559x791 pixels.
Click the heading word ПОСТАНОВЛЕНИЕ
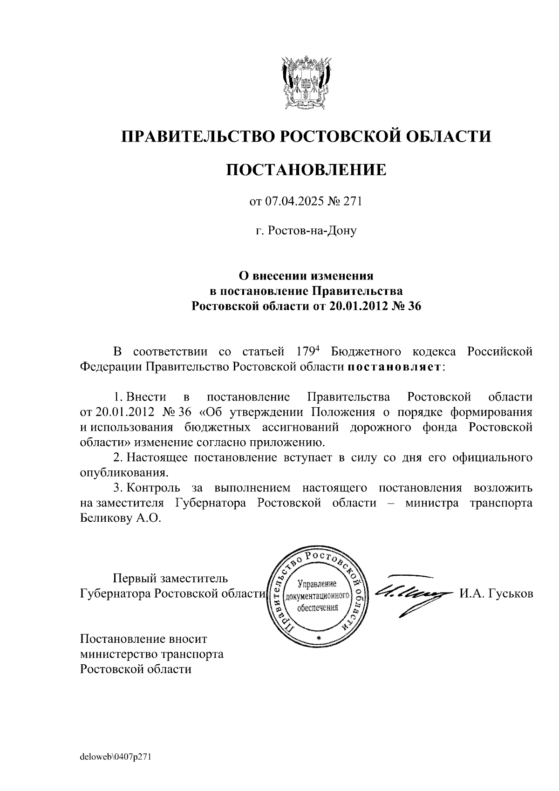pyautogui.click(x=306, y=170)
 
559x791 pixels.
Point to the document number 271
pyautogui.click(x=353, y=201)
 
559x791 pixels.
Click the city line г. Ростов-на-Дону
pyautogui.click(x=306, y=231)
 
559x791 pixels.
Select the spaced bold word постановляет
pyautogui.click(x=394, y=367)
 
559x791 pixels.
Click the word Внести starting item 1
pyautogui.click(x=146, y=397)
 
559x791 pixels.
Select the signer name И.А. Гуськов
pyautogui.click(x=496, y=594)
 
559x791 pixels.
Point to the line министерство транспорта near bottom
pyautogui.click(x=151, y=654)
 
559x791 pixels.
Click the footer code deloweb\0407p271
pyautogui.click(x=116, y=757)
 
